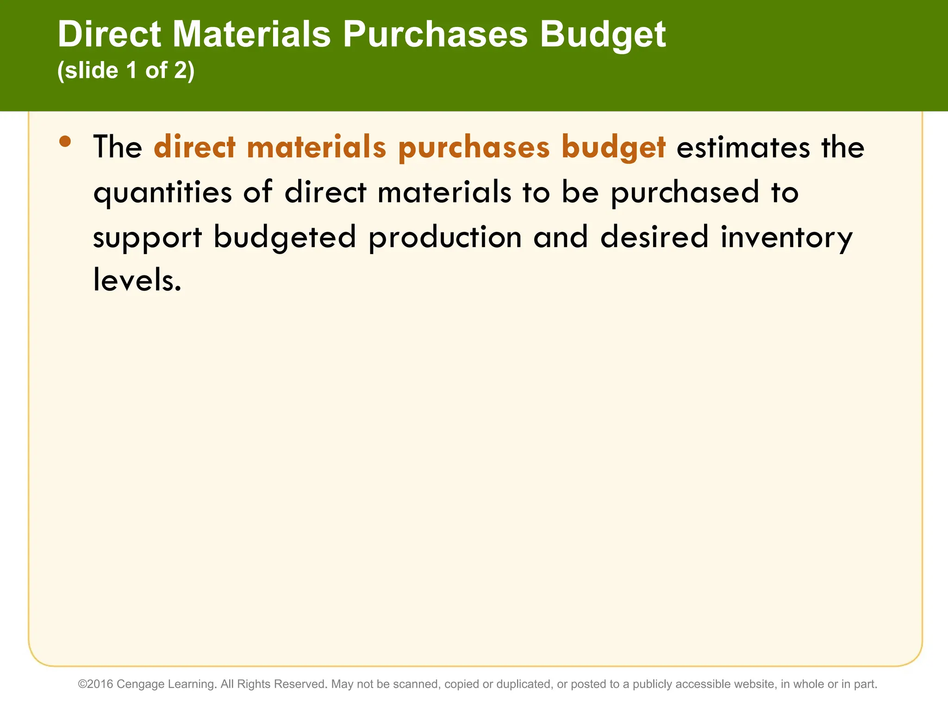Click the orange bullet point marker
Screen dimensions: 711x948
65,142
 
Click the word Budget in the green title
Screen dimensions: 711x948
603,35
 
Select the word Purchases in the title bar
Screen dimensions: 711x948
435,35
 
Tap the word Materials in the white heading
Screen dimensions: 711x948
252,35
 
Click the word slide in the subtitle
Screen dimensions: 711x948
91,71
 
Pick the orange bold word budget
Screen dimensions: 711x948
613,148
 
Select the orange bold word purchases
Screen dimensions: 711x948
474,148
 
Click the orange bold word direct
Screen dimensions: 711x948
195,148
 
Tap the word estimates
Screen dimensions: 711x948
743,148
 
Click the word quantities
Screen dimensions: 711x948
162,193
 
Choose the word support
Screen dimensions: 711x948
147,237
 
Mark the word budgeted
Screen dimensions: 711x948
285,237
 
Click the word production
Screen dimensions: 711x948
445,237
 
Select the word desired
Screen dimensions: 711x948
654,237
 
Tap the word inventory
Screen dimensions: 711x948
786,237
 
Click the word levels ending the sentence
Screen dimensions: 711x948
137,281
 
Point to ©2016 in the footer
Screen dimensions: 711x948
95,684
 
